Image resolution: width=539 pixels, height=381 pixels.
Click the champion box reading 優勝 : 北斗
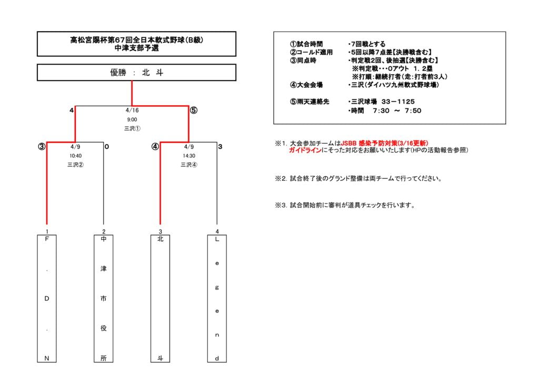coord(136,73)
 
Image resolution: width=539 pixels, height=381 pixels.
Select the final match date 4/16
coord(132,111)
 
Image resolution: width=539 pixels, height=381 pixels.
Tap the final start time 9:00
coord(132,119)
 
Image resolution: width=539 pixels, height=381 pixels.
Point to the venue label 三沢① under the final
coord(132,128)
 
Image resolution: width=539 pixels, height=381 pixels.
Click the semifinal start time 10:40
coord(75,156)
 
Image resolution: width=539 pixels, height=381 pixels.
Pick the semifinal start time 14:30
coord(189,156)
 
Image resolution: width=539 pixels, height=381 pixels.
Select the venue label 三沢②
coord(75,165)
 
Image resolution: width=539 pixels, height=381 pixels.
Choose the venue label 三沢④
coord(189,165)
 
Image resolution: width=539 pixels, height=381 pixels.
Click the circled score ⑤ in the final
coord(194,111)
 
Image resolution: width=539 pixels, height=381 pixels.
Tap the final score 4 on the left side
coord(71,111)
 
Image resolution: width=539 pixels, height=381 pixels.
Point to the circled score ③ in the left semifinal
coord(42,147)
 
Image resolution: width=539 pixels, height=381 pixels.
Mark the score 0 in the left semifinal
coord(107,147)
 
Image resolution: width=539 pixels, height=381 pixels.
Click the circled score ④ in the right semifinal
coord(155,147)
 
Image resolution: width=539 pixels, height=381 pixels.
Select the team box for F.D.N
coord(47,298)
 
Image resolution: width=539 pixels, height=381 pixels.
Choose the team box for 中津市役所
coord(104,298)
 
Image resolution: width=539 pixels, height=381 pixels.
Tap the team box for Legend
coord(217,298)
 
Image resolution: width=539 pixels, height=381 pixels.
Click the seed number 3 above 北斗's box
coord(160,232)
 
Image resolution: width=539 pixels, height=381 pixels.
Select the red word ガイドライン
coord(305,150)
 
